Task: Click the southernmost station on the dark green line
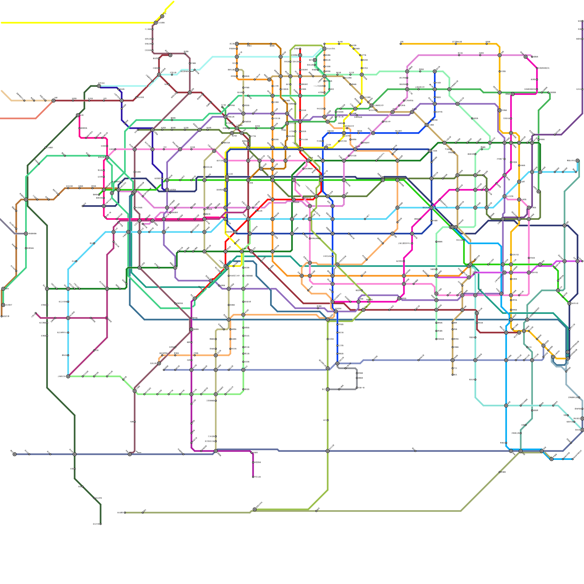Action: (100, 524)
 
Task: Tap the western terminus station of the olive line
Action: (125, 512)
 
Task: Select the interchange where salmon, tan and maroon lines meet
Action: (53, 100)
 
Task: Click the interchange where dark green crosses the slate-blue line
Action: (74, 454)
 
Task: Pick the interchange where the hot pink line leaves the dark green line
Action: (78, 115)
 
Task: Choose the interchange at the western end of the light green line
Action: (68, 376)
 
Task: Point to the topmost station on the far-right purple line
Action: (582, 21)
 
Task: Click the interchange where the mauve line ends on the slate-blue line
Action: (130, 454)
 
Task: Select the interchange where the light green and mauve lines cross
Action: (135, 391)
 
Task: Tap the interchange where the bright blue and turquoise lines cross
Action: (506, 405)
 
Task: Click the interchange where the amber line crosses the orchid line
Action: (500, 55)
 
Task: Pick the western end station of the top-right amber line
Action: (401, 44)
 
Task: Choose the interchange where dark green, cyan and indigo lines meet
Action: (68, 288)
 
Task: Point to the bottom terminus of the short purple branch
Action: (253, 477)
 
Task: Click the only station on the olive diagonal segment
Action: (500, 472)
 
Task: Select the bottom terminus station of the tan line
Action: (453, 374)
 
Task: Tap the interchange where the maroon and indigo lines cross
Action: (122, 100)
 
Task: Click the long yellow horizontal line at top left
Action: (73, 23)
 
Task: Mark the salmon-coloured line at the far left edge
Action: (18, 118)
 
